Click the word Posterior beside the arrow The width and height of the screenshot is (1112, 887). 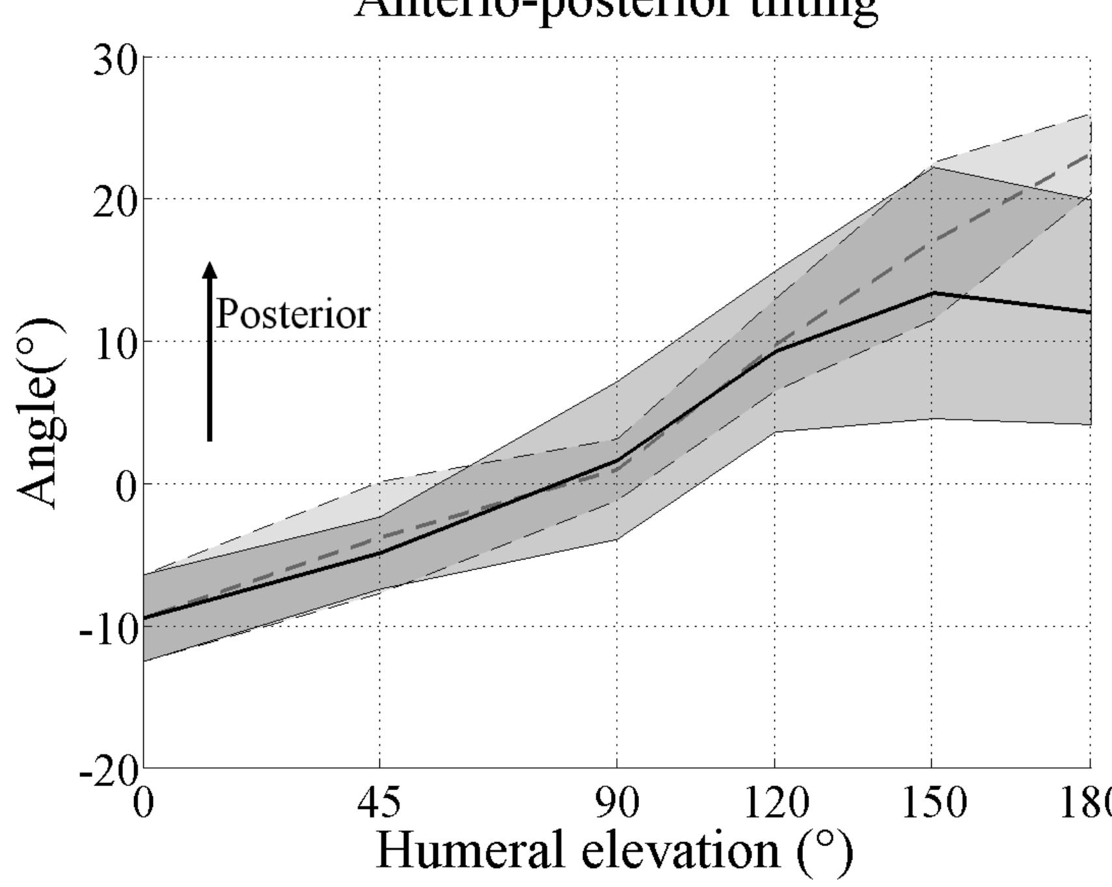(x=293, y=314)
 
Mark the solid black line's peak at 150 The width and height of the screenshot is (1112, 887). (x=932, y=293)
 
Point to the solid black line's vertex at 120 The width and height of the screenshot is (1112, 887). (x=774, y=351)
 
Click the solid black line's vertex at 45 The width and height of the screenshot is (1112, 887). (x=380, y=553)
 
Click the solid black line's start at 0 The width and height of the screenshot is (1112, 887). (x=144, y=618)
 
